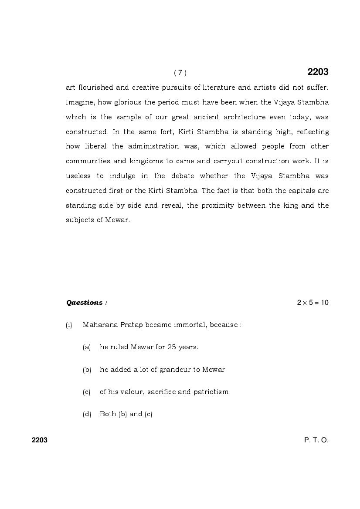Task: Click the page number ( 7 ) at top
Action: tap(180, 73)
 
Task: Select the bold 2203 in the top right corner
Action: tap(318, 72)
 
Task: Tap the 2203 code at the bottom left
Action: tap(40, 440)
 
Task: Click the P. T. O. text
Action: tap(316, 440)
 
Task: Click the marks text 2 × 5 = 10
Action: tap(312, 303)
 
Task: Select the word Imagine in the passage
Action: tap(79, 102)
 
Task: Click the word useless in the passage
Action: tap(78, 176)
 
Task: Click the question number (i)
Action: tap(69, 325)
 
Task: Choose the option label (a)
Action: tap(87, 347)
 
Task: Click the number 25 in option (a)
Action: tap(171, 347)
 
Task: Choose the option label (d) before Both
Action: tap(87, 415)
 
